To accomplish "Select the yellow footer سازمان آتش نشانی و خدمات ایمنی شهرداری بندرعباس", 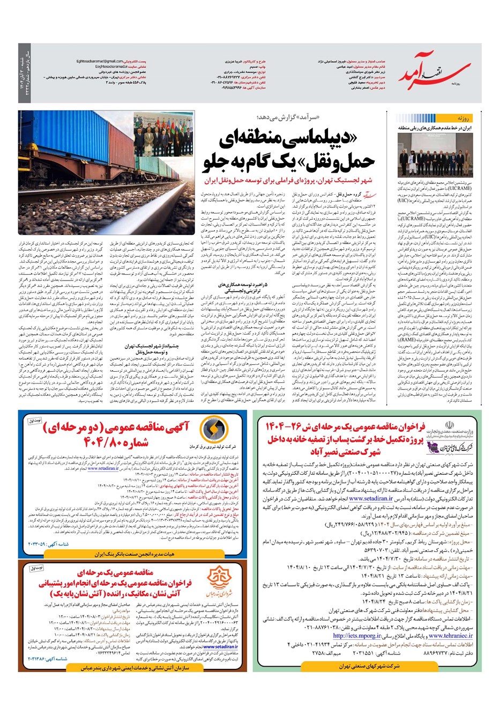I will [133, 667].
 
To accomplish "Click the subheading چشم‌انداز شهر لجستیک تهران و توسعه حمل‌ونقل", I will [130, 349].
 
